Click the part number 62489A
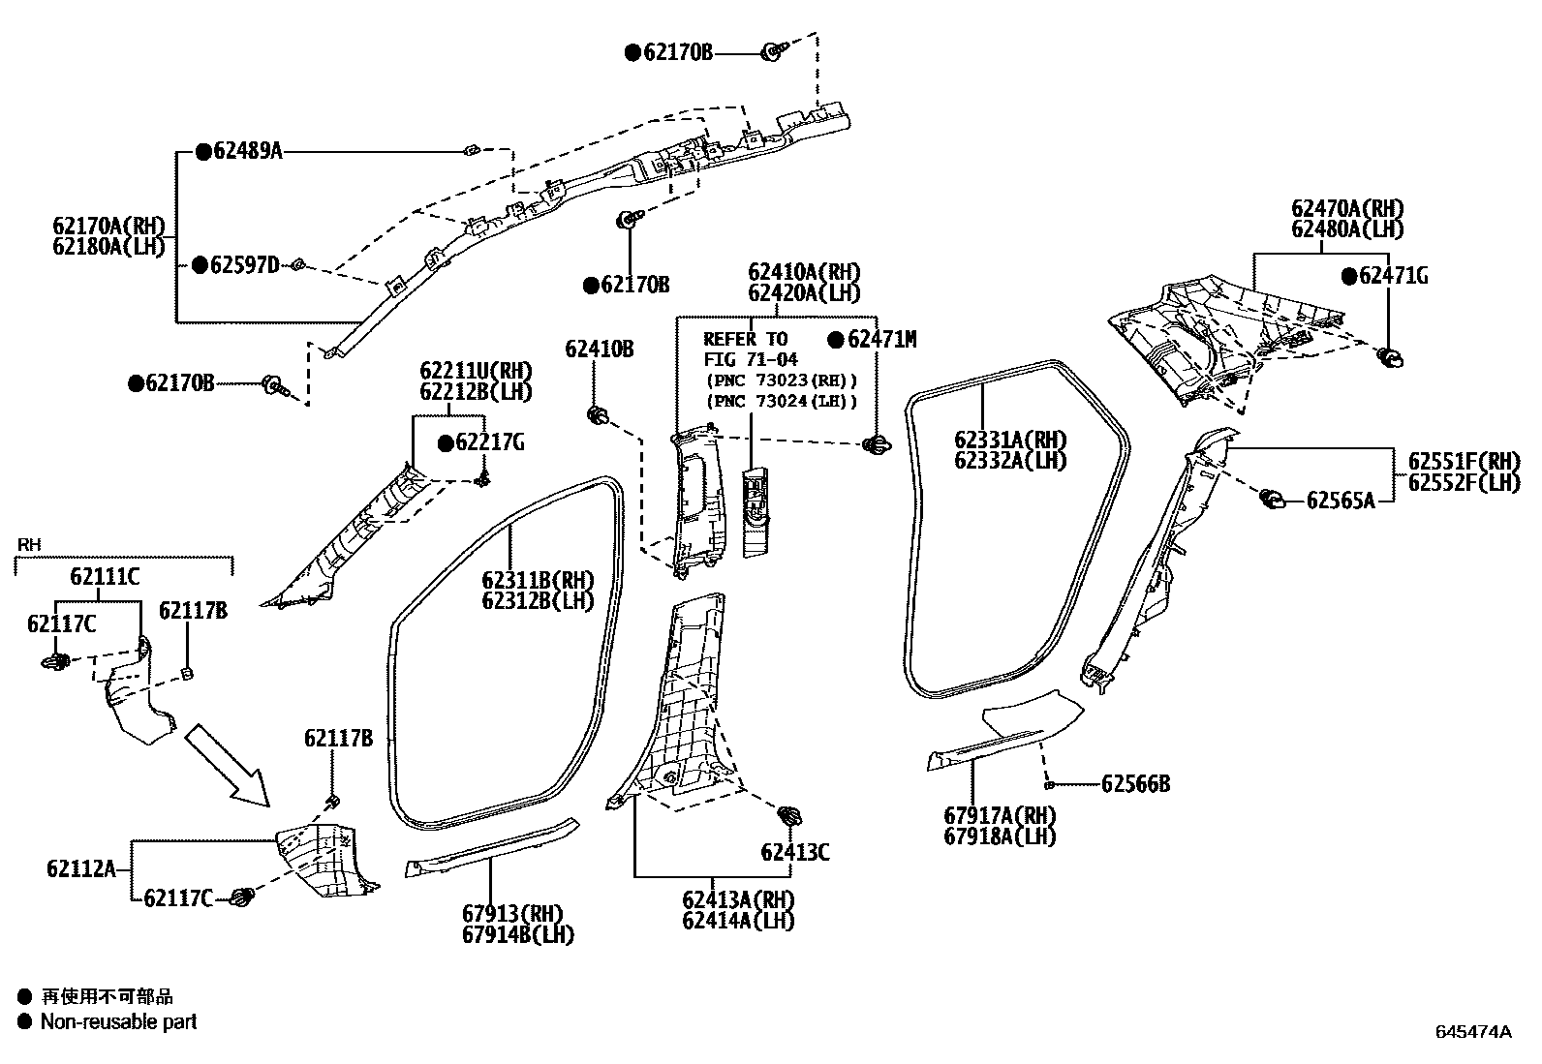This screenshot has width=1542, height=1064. click(x=247, y=151)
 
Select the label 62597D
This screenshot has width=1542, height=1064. click(x=244, y=265)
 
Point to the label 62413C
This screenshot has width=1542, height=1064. click(x=794, y=853)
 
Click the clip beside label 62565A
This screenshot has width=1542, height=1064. click(x=1272, y=500)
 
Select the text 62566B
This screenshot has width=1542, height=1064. click(x=1135, y=784)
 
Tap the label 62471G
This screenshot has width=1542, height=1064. click(x=1393, y=276)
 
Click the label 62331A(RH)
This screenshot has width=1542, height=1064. click(x=1009, y=440)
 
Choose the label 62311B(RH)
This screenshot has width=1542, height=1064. click(x=538, y=580)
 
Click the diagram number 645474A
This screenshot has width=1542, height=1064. click(x=1472, y=1032)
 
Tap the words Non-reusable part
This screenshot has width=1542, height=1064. click(x=118, y=1021)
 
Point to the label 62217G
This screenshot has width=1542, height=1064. click(x=489, y=443)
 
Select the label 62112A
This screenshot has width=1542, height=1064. click(x=80, y=868)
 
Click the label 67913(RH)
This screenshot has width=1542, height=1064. click(x=512, y=914)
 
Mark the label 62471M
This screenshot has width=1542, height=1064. click(x=880, y=339)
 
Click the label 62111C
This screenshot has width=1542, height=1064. click(x=105, y=578)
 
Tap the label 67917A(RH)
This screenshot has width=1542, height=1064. click(x=1000, y=815)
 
